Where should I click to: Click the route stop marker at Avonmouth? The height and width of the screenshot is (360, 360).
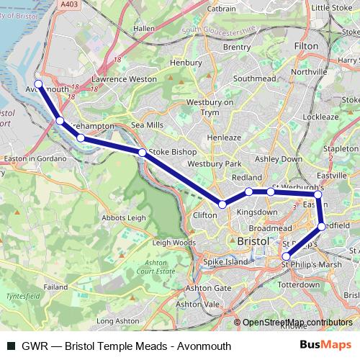pyautogui.click(x=39, y=84)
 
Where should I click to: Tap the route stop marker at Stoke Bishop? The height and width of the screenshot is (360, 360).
pyautogui.click(x=143, y=153)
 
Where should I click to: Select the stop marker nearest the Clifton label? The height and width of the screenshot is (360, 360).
pyautogui.click(x=222, y=204)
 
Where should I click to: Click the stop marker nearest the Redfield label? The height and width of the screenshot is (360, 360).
pyautogui.click(x=322, y=227)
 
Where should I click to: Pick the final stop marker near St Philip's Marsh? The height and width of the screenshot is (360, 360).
pyautogui.click(x=287, y=256)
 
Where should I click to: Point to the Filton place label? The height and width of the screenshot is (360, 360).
pyautogui.click(x=307, y=45)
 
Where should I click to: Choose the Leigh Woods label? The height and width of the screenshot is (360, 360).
pyautogui.click(x=174, y=243)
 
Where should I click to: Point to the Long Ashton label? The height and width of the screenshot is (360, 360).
pyautogui.click(x=117, y=320)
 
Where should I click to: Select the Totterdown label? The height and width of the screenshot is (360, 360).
pyautogui.click(x=297, y=285)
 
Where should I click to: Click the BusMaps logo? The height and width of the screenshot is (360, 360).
pyautogui.click(x=328, y=346)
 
